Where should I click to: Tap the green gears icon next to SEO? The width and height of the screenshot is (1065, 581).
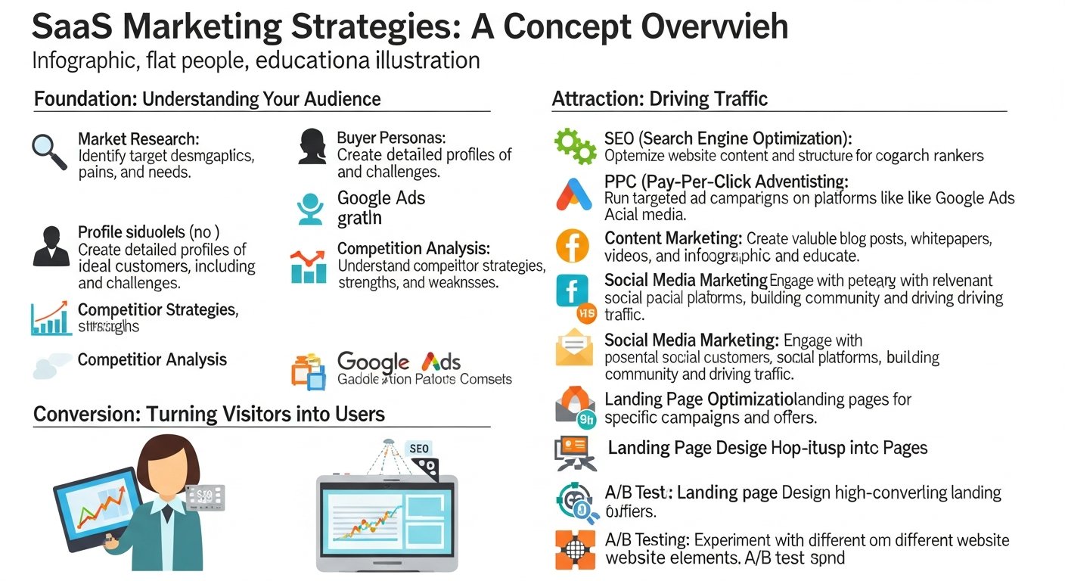tap(576, 146)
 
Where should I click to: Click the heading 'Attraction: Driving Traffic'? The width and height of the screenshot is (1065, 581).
tap(660, 99)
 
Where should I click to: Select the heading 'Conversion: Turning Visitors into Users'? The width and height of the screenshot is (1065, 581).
tap(209, 414)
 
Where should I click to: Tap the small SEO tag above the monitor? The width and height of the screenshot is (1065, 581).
tap(419, 449)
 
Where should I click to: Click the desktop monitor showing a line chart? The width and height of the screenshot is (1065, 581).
tap(387, 522)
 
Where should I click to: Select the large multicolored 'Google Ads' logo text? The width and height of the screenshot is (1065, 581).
tap(399, 362)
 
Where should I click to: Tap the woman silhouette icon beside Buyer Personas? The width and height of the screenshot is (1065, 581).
tap(312, 146)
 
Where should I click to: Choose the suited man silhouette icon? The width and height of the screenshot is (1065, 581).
tap(51, 246)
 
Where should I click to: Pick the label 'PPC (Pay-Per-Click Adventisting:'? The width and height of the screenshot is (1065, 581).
tap(726, 182)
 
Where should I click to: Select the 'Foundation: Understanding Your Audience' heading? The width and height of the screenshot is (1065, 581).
tap(207, 99)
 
